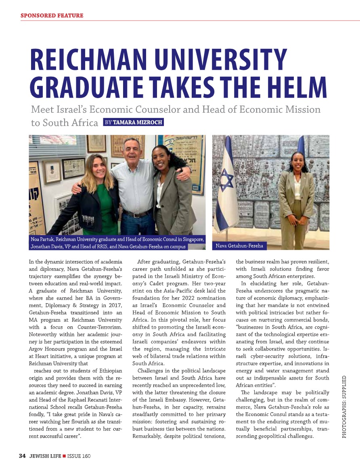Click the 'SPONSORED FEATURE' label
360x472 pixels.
coord(52,16)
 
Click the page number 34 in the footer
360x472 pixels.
coord(22,456)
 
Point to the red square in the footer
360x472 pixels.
coord(64,456)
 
